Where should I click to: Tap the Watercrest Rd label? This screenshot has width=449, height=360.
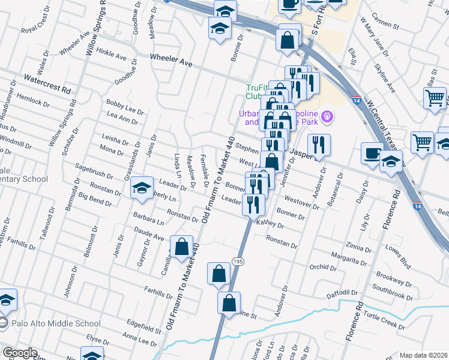(47, 83)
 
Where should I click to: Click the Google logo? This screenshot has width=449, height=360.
(20, 353)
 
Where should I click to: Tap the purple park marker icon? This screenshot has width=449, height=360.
(327, 116)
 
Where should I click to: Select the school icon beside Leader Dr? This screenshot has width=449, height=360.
(142, 189)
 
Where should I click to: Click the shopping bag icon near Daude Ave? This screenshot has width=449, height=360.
(181, 246)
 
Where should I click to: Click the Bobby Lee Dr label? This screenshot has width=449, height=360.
(125, 107)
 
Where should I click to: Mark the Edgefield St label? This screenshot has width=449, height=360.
(140, 326)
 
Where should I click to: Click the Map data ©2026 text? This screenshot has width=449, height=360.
(423, 355)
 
